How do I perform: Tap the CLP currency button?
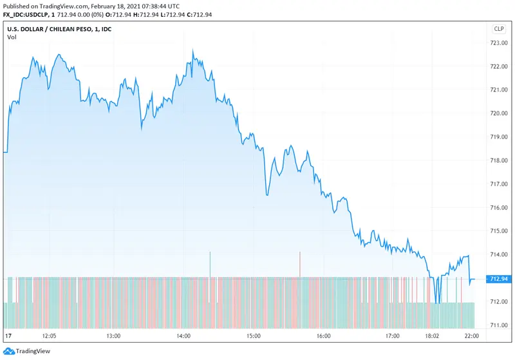(x=499, y=29)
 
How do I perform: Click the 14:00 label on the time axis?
(x=183, y=336)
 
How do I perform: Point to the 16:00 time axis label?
(x=323, y=336)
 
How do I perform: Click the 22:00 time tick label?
(x=471, y=336)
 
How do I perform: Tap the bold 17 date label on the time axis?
(x=8, y=336)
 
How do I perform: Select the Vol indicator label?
(x=12, y=37)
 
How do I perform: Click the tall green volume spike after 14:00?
(x=210, y=264)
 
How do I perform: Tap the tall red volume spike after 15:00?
(x=299, y=264)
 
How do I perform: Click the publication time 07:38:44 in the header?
(x=149, y=5)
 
